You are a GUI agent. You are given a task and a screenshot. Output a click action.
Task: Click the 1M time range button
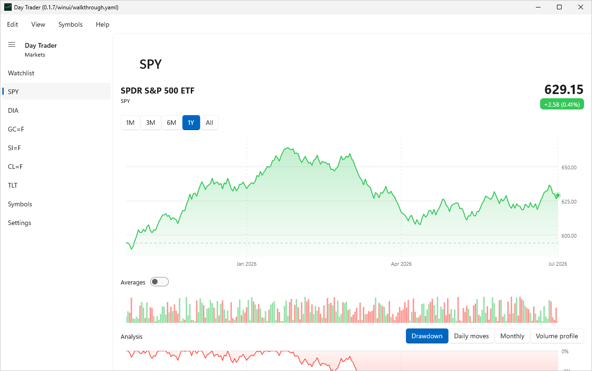130,123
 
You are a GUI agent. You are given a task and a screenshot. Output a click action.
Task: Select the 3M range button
151,123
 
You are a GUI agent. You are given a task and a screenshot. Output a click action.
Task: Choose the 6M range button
172,123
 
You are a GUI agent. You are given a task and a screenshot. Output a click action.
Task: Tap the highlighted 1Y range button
191,123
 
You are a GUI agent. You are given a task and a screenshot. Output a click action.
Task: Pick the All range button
209,123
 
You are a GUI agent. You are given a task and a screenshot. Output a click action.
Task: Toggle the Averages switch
159,282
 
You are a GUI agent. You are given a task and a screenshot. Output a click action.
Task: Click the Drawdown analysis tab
427,336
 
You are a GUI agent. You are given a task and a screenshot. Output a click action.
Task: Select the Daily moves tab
471,336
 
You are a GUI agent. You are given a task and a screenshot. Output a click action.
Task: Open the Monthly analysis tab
513,336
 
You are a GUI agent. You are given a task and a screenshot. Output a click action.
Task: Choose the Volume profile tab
557,336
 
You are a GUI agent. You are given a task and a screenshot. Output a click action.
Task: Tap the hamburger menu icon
12,45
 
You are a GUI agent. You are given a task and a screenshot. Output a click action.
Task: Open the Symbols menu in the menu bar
70,24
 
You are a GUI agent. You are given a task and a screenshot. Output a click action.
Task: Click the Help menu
102,24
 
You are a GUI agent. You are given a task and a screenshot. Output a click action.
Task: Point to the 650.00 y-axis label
569,167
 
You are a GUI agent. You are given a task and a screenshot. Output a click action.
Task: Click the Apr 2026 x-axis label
401,264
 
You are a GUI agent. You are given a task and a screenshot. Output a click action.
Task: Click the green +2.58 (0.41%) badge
562,104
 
